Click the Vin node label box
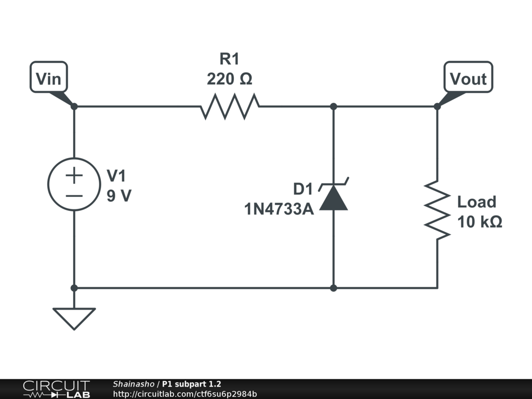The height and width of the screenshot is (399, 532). click(x=49, y=78)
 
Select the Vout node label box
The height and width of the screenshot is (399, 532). click(x=468, y=78)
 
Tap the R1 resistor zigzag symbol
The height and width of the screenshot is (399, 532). click(x=230, y=107)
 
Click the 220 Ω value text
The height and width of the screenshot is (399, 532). click(x=230, y=79)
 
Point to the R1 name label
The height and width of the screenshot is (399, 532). click(x=230, y=59)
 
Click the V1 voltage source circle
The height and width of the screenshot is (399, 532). click(x=74, y=184)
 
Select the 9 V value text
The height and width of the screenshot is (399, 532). click(x=119, y=196)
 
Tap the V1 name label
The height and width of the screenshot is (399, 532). click(x=116, y=176)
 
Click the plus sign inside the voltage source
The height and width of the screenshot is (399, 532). click(x=74, y=176)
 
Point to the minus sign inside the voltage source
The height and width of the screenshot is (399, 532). click(x=74, y=196)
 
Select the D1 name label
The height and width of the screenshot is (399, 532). click(x=303, y=189)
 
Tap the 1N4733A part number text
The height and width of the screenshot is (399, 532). click(x=279, y=209)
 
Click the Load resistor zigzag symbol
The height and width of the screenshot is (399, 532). click(x=437, y=210)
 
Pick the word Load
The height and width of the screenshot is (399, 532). click(x=476, y=202)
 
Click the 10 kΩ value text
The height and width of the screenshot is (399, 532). click(x=480, y=222)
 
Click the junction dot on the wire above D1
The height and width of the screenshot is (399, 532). click(x=334, y=107)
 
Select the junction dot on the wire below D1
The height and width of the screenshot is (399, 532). click(x=334, y=288)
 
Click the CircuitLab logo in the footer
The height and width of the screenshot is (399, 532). click(x=56, y=389)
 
